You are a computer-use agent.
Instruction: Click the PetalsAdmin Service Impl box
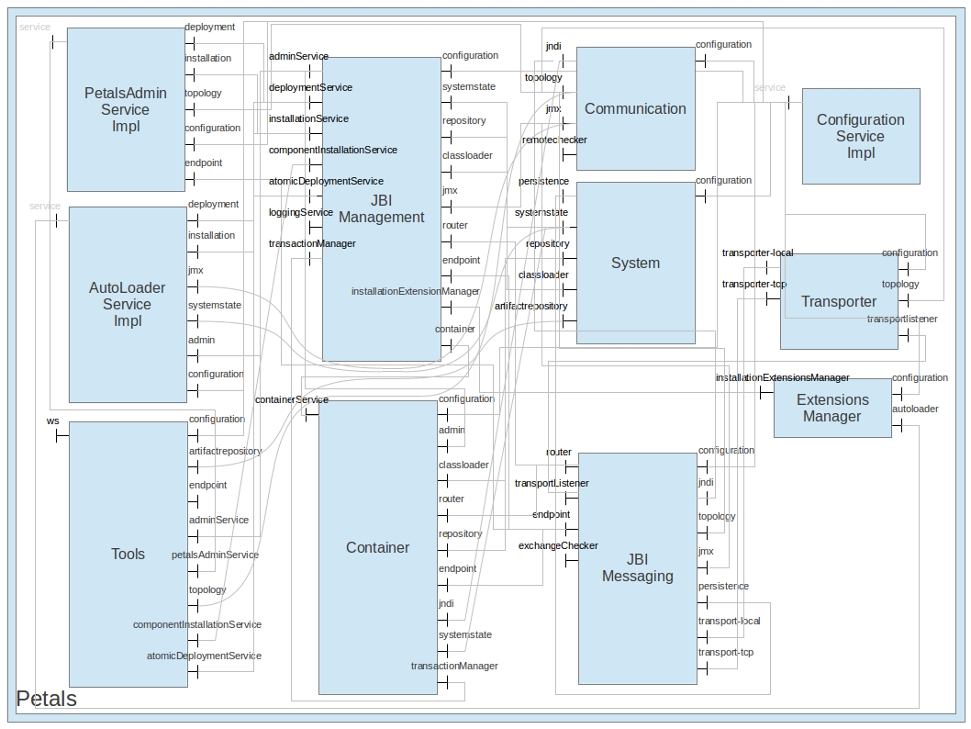(x=126, y=109)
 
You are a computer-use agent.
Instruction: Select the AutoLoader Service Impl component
(x=128, y=304)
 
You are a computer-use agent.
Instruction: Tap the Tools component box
(x=128, y=554)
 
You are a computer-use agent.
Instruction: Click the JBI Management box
(x=381, y=209)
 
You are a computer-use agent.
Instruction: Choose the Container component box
(x=377, y=547)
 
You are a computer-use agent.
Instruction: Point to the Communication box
(x=635, y=108)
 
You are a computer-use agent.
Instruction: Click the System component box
(x=635, y=263)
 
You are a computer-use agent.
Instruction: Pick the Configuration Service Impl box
(x=860, y=136)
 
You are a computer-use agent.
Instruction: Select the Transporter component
(x=838, y=301)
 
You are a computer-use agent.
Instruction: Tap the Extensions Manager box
(x=831, y=408)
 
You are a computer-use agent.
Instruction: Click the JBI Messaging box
(x=637, y=567)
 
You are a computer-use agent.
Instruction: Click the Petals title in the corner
(x=47, y=699)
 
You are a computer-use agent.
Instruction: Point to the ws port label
(x=53, y=421)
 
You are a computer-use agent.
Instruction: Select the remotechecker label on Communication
(x=554, y=140)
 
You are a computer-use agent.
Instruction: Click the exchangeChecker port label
(x=558, y=546)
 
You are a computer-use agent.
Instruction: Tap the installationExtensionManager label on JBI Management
(x=415, y=292)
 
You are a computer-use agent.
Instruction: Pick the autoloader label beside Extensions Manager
(x=915, y=409)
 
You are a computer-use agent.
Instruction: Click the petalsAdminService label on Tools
(x=215, y=555)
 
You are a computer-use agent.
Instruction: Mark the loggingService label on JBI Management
(x=300, y=213)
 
